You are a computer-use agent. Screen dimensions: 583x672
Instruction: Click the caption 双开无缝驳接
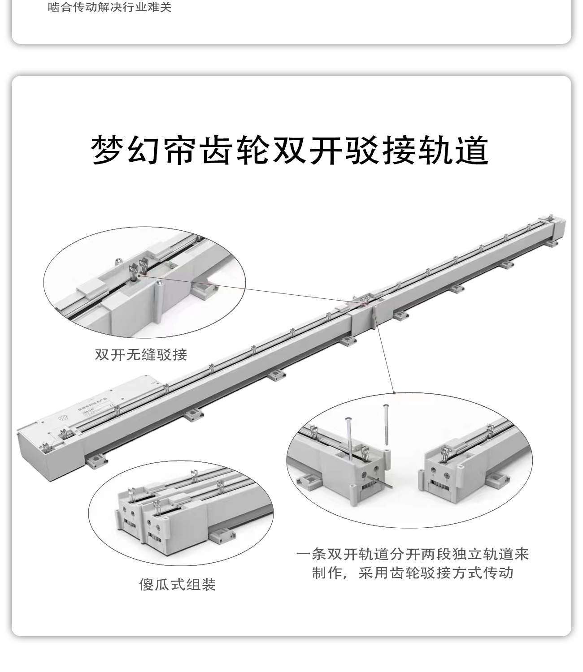pyautogui.click(x=141, y=355)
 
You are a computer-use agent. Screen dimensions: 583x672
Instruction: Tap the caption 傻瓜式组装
pyautogui.click(x=178, y=584)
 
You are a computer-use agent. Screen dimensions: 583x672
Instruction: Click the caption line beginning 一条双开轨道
pyautogui.click(x=413, y=554)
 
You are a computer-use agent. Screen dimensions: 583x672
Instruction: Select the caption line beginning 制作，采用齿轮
pyautogui.click(x=413, y=573)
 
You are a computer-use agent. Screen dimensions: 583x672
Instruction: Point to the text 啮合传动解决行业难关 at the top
pyautogui.click(x=110, y=8)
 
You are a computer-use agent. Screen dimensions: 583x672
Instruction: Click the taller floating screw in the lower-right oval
pyautogui.click(x=386, y=426)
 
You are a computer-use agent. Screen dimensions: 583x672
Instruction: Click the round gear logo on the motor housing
pyautogui.click(x=63, y=418)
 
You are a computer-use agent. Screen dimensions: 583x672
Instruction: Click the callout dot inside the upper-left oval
pyautogui.click(x=139, y=276)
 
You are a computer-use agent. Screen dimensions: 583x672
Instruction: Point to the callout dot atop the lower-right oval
pyautogui.click(x=394, y=393)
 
